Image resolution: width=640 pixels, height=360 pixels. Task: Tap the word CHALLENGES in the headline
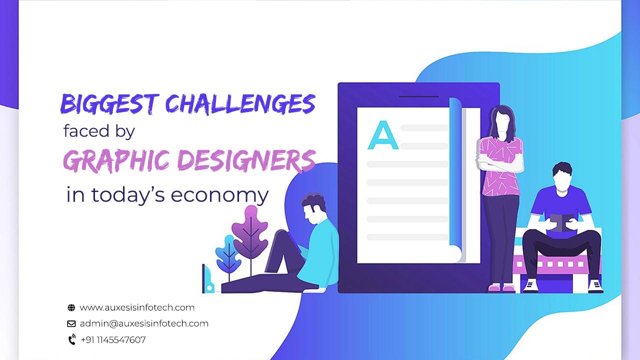pos(240,104)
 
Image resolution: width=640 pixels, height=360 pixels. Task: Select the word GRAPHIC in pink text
pos(120,160)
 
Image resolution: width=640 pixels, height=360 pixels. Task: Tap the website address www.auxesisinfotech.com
pos(137,307)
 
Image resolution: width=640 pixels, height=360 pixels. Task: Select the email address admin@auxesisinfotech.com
pos(144,323)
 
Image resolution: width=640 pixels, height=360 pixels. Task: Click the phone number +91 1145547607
pos(113,340)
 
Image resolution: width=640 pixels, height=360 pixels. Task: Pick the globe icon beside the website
pos(71,308)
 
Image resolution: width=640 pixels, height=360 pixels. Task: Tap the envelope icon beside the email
pos(71,323)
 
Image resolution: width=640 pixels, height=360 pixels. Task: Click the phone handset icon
pos(71,340)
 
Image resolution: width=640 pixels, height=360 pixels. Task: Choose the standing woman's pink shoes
pos(501,287)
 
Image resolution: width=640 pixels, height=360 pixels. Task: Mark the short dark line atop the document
pos(419,96)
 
